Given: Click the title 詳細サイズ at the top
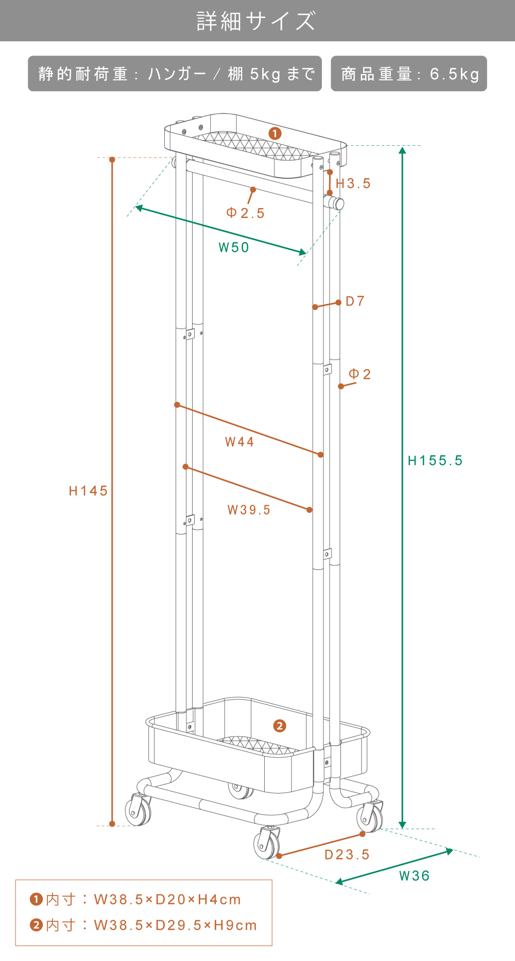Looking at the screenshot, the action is point(256,21).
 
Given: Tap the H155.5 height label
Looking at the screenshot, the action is point(435,460).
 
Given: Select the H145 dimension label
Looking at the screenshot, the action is point(88,491).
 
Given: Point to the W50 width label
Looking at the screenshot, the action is point(234,248).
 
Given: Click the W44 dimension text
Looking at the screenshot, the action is point(239,442).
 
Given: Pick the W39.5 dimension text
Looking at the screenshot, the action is point(249,510).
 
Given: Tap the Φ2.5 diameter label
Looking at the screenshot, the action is point(245,213).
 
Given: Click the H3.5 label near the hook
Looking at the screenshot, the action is point(353,183).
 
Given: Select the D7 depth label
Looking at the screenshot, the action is point(355,301).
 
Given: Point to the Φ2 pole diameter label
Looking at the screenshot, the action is point(359,374).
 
